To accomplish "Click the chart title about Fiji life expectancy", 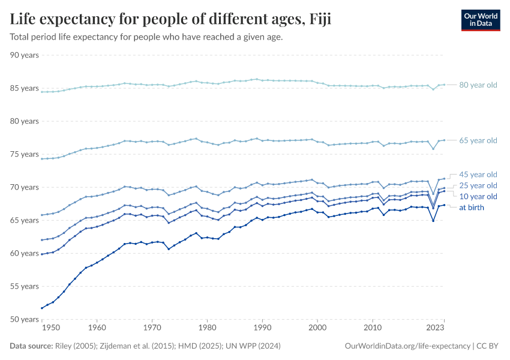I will point(170,19).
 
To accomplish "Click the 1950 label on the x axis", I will point(51,328).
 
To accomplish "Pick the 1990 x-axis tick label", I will point(262,328).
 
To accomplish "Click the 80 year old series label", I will point(478,85).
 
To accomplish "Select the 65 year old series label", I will point(478,140).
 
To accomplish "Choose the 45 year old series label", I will point(478,175).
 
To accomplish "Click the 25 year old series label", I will point(478,185).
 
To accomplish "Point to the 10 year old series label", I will point(478,197).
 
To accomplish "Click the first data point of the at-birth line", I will point(41,308).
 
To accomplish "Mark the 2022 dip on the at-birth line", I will point(433,221).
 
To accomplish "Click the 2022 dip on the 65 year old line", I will point(433,149).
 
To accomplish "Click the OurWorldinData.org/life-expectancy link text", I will point(408,346).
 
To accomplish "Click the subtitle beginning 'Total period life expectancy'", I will point(146,37).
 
